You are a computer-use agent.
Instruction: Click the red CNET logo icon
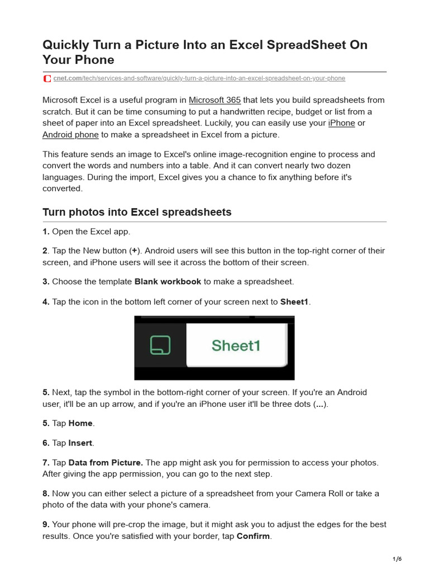click(x=47, y=78)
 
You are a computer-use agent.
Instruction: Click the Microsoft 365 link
click(x=214, y=100)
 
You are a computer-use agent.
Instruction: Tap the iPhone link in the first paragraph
click(x=341, y=123)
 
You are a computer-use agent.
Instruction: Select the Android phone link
click(x=70, y=135)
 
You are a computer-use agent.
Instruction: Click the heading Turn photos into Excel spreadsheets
click(x=137, y=213)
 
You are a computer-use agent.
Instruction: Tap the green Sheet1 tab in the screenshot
click(x=236, y=346)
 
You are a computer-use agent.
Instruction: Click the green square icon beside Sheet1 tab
click(x=160, y=345)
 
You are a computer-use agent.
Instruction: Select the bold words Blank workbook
click(x=168, y=281)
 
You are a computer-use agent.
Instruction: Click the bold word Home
click(x=80, y=424)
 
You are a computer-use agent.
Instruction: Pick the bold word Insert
click(x=80, y=443)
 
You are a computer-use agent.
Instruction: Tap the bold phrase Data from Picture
click(x=106, y=463)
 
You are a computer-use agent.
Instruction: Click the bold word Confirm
click(x=254, y=536)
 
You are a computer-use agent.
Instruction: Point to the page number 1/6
click(x=397, y=558)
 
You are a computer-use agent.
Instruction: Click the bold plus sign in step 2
click(x=134, y=251)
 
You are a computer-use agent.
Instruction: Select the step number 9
click(x=46, y=525)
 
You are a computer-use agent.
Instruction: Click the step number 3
click(x=46, y=281)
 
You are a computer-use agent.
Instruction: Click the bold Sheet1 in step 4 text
click(x=294, y=302)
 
